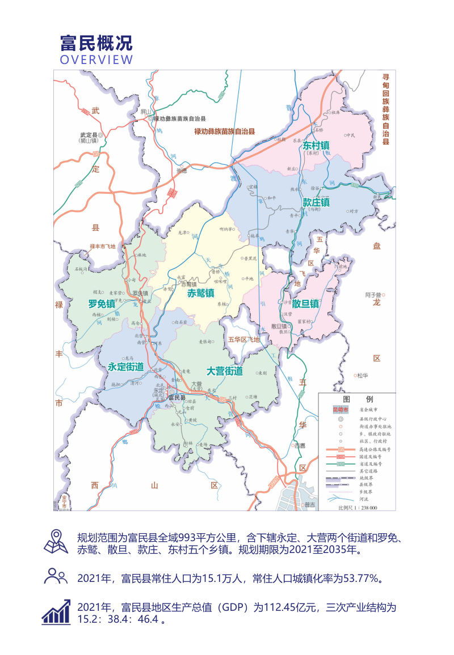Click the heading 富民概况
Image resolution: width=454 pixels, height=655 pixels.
[x=96, y=43]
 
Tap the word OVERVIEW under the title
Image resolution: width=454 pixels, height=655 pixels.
[x=96, y=60]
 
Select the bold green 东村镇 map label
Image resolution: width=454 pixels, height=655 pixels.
[x=316, y=146]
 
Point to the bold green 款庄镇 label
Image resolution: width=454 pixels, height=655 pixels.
[x=316, y=202]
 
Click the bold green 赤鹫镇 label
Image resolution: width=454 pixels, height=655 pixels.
[x=200, y=293]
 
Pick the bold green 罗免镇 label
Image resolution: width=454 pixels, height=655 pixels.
[x=102, y=304]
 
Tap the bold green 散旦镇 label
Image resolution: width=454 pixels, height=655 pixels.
[x=305, y=304]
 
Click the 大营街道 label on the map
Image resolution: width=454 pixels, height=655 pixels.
[x=224, y=371]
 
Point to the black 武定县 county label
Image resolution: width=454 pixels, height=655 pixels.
[x=89, y=136]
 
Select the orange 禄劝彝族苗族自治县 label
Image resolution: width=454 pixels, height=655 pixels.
[x=224, y=131]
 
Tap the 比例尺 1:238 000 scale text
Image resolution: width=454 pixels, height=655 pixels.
[x=358, y=508]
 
